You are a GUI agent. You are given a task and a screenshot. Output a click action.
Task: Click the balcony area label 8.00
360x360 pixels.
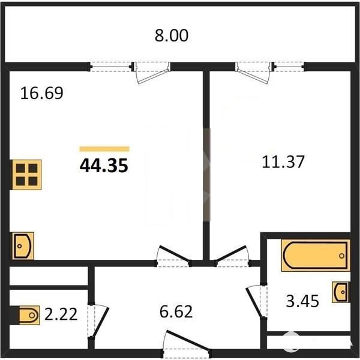pos(172,35)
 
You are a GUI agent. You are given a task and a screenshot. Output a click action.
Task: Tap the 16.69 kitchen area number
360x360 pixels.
pos(41,93)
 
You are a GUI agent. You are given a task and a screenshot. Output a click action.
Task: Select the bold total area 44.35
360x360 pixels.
pos(104,166)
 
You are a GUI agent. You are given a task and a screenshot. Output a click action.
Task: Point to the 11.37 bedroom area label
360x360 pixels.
pos(283,162)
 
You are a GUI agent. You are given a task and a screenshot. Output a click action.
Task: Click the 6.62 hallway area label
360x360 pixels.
pos(176,311)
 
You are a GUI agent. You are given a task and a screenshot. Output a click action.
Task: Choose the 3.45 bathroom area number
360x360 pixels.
pos(302,301)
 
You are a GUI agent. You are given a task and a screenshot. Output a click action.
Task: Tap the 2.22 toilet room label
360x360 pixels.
pos(61,314)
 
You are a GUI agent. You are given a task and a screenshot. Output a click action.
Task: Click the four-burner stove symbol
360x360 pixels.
pos(26,175)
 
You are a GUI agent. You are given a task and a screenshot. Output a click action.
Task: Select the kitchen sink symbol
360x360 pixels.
pos(23,246)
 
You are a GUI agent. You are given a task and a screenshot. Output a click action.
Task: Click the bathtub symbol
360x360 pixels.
pos(316,255)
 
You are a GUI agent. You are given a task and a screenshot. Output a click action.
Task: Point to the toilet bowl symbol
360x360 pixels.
pos(29,315)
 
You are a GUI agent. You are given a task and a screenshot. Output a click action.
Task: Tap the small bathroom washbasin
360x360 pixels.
pos(341,292)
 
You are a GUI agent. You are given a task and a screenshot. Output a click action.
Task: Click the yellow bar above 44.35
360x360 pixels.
pos(104,149)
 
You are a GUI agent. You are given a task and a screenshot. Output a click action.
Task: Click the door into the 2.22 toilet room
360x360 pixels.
pos(98,322)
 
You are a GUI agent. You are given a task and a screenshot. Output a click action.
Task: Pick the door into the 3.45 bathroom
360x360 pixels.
pos(257,302)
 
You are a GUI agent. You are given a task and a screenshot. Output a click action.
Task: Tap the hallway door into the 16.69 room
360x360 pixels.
pos(174,256)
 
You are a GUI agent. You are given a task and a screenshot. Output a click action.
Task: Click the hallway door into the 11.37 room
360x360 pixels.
pos(232,256)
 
